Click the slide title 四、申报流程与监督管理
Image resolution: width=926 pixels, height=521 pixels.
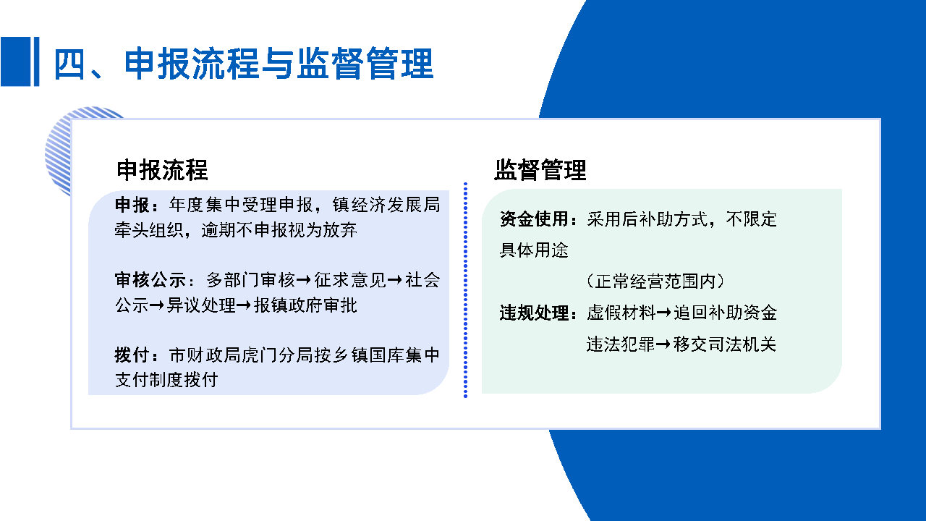point(243,64)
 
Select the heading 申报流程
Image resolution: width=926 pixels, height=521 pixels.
point(162,170)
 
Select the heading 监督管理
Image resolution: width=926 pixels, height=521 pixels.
point(540,170)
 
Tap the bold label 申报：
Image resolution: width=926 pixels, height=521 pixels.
point(140,206)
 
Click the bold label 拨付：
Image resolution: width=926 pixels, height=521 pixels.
point(140,355)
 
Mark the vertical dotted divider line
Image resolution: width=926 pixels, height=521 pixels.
point(465,289)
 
